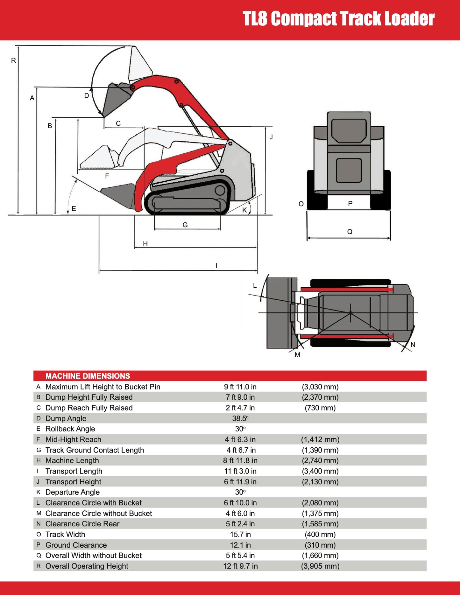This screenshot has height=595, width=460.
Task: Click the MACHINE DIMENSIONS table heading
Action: (88, 376)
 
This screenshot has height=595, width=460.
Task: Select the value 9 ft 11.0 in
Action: (240, 387)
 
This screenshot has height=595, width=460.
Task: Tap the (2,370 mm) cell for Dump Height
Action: (320, 397)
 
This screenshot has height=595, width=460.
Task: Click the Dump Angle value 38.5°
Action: (240, 418)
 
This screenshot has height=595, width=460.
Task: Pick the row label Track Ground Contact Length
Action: (95, 450)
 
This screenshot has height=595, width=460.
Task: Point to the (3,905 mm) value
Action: (320, 566)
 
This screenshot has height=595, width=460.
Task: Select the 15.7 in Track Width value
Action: (240, 534)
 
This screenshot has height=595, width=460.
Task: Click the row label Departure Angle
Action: (72, 492)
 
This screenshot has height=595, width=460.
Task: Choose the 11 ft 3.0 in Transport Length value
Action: (240, 471)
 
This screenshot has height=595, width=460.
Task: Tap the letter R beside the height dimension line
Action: (13, 60)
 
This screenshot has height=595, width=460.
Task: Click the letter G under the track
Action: (185, 225)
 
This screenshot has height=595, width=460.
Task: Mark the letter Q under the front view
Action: (350, 232)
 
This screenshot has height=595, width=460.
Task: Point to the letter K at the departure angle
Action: (244, 210)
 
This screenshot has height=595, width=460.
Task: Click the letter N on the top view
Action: (413, 345)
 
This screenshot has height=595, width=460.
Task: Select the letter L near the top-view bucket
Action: (255, 285)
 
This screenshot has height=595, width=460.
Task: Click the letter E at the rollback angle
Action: (74, 209)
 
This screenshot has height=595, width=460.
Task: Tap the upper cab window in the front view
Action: (349, 130)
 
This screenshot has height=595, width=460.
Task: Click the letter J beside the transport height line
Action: (271, 137)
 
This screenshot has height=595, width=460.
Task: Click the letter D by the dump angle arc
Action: (86, 95)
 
